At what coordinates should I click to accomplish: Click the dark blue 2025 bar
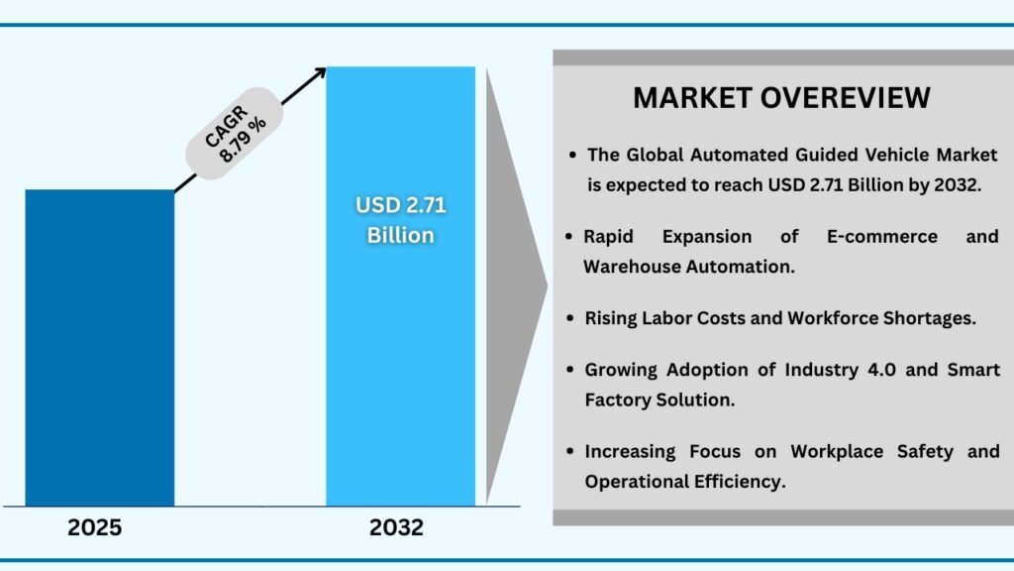pyautogui.click(x=99, y=347)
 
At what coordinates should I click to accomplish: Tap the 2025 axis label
pyautogui.click(x=95, y=528)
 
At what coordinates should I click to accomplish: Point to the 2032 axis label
pyautogui.click(x=396, y=528)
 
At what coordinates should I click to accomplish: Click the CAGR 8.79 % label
pyautogui.click(x=235, y=140)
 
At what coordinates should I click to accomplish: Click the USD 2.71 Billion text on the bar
pyautogui.click(x=400, y=221)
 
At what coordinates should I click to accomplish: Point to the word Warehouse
pyautogui.click(x=633, y=266)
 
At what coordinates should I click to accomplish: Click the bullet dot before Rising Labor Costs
pyautogui.click(x=572, y=318)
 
